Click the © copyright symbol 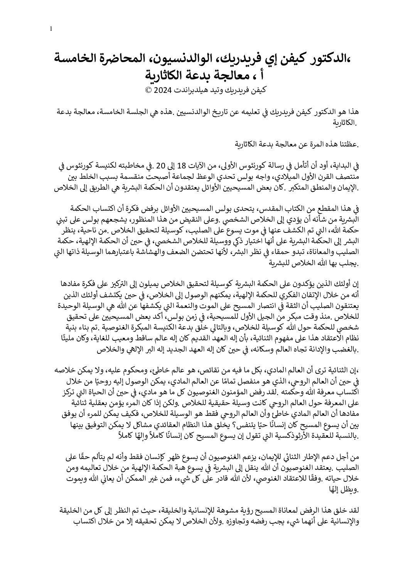(x=148, y=91)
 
